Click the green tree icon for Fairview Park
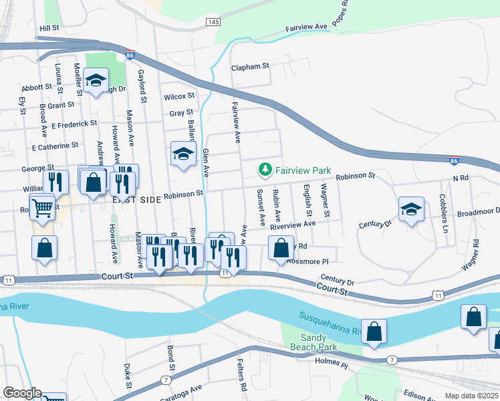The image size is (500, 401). click(x=265, y=170)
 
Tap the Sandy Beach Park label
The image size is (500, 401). click(x=314, y=343)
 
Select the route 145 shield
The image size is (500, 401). click(x=213, y=23)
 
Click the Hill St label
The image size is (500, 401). click(x=49, y=28)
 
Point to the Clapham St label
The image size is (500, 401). click(x=249, y=67)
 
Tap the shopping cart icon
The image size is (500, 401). click(x=43, y=209)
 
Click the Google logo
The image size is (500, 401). click(x=22, y=393)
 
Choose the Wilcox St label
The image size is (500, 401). click(x=178, y=97)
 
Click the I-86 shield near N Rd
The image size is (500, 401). click(x=454, y=160)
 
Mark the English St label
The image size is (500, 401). click(x=308, y=200)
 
